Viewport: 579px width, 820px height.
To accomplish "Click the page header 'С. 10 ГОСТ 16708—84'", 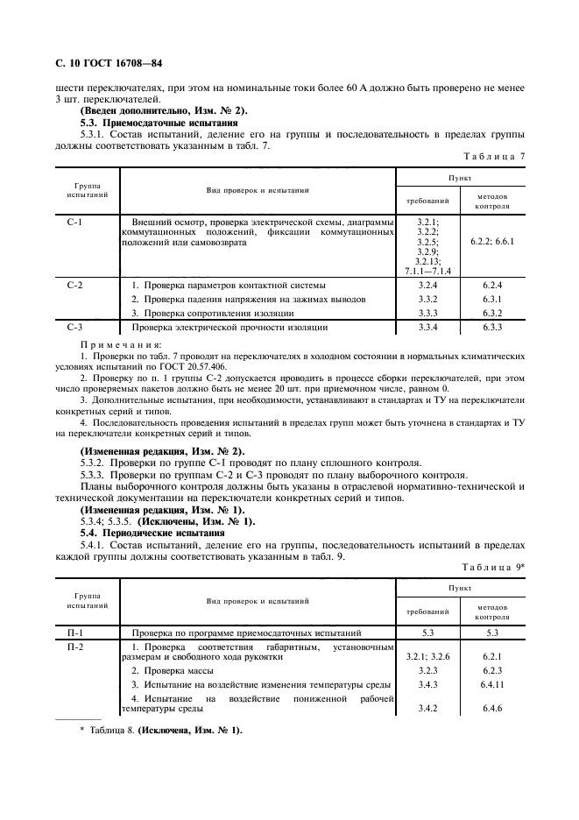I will click(109, 64).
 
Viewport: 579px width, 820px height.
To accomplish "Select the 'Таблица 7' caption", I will click(494, 155).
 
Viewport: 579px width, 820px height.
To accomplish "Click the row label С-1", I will click(74, 223).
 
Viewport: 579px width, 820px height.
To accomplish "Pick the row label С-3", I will click(74, 327).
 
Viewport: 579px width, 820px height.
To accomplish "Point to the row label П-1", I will click(74, 632).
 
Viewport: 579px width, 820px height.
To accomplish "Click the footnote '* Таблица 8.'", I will click(106, 730).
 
